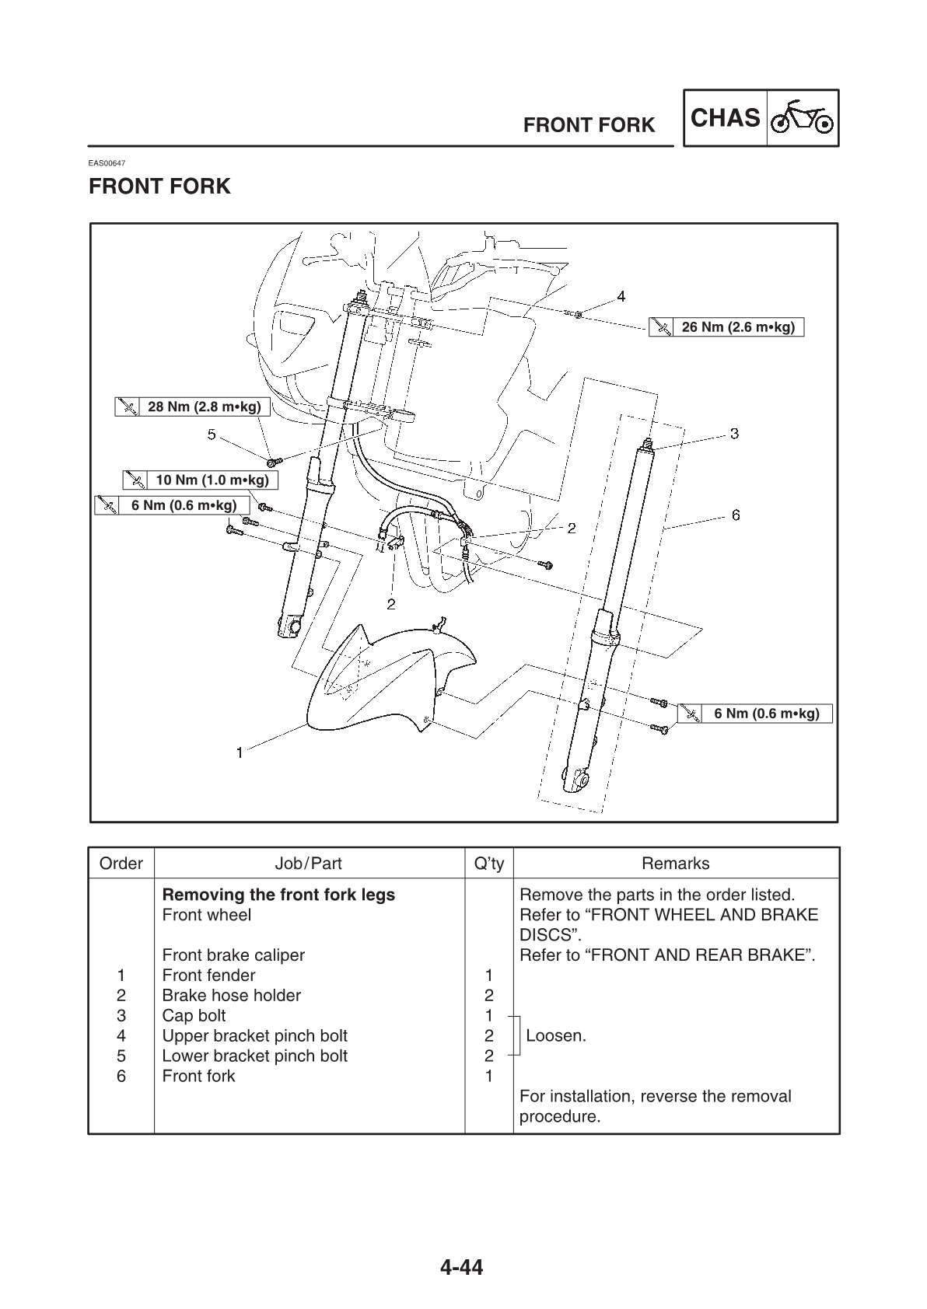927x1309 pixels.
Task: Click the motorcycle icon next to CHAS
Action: (x=802, y=118)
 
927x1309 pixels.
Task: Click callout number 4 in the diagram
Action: (x=621, y=295)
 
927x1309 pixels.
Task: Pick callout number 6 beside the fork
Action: (x=735, y=515)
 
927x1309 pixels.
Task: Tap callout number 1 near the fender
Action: (x=240, y=752)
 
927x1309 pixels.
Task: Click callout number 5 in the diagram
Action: (x=212, y=435)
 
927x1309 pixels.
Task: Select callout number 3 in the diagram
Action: (x=733, y=434)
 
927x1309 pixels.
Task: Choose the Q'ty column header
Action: (x=488, y=864)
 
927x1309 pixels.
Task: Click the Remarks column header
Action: (x=675, y=864)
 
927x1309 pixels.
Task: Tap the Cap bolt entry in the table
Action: (x=194, y=1015)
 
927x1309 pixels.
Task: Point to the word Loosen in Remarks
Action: (x=555, y=1035)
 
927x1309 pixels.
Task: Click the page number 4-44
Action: (x=462, y=1268)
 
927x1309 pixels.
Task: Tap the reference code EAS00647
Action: (x=107, y=163)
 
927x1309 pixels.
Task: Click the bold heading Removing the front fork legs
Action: (x=278, y=895)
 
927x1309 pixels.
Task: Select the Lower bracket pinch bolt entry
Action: (x=254, y=1056)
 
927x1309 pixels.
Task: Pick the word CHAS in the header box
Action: (x=725, y=118)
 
